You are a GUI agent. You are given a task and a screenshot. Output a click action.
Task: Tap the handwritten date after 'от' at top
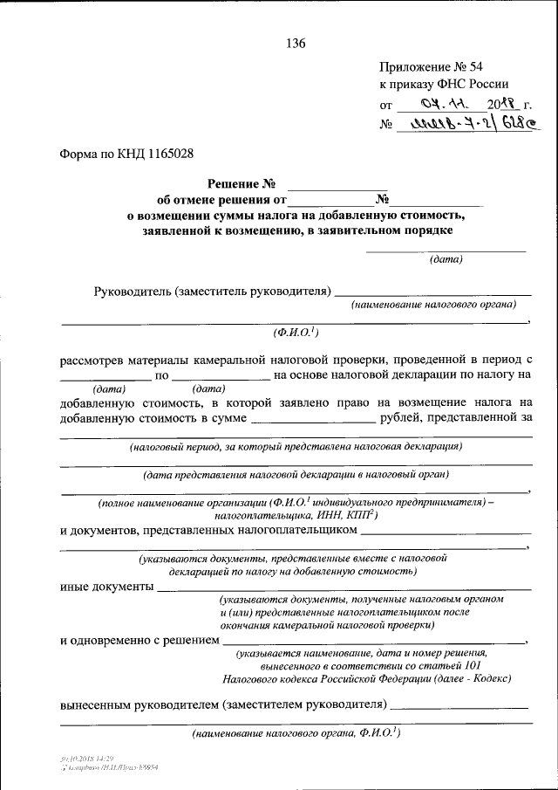(x=435, y=105)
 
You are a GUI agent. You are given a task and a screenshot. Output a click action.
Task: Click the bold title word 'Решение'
(x=235, y=184)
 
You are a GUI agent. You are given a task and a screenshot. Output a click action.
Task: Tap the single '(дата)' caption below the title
(x=446, y=259)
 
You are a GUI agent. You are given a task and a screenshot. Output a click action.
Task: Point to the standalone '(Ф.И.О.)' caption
(x=295, y=332)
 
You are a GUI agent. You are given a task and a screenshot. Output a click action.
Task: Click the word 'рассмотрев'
(x=90, y=360)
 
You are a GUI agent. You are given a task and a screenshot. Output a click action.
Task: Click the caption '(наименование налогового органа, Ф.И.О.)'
(x=296, y=734)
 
